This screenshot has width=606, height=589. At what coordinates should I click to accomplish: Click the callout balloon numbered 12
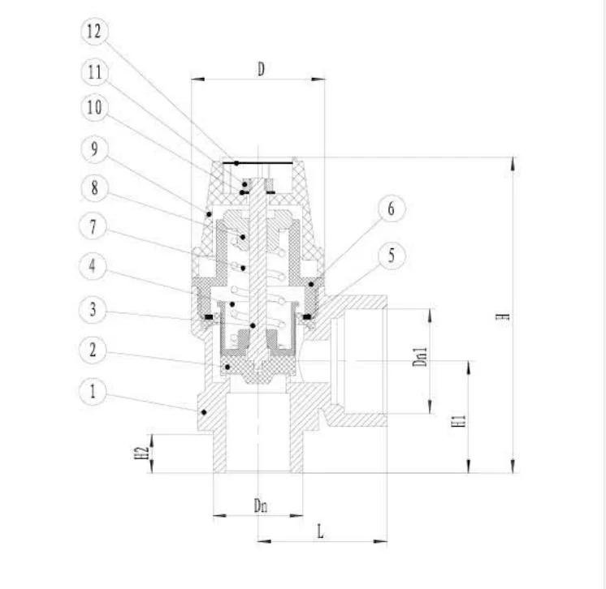click(95, 32)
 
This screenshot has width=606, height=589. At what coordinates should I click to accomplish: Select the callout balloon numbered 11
click(95, 72)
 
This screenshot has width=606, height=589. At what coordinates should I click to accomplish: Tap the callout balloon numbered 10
click(95, 107)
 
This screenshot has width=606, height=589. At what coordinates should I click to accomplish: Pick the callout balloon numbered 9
click(95, 149)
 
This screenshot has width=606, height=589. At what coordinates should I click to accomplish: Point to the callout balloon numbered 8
click(95, 188)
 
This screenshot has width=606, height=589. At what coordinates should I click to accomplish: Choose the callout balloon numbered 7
click(93, 226)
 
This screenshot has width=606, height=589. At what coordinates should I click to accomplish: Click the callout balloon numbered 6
click(391, 209)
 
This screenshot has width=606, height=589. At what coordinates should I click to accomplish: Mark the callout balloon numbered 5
click(391, 256)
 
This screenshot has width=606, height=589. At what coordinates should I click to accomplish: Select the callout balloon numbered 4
click(93, 266)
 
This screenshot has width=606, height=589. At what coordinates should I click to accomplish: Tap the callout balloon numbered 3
click(93, 310)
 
